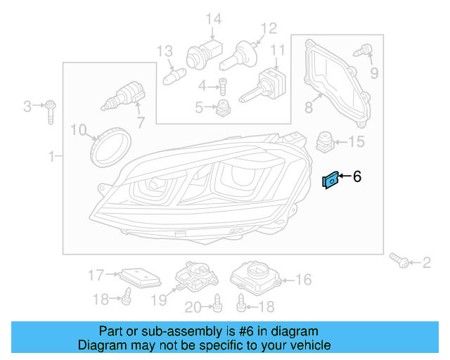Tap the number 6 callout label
[x=357, y=177]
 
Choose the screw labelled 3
[x=51, y=110]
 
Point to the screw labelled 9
[x=365, y=51]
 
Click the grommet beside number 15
[x=325, y=141]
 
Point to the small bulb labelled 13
[x=172, y=72]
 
